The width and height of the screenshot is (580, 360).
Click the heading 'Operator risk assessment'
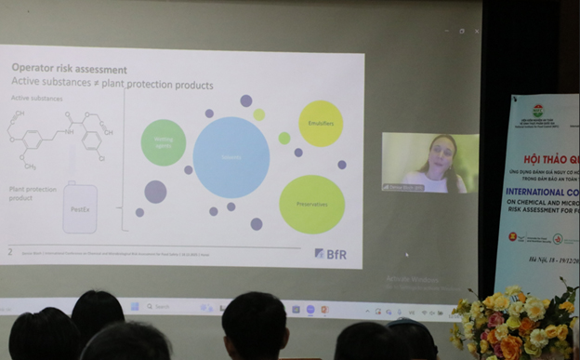[x=69, y=69]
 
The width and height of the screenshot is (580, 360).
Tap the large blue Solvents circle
[x=231, y=156]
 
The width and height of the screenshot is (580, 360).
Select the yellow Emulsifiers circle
[x=321, y=123]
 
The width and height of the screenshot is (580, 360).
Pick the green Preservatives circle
[x=311, y=204]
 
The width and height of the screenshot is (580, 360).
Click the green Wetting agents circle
[x=164, y=143]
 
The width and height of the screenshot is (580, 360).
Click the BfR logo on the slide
[x=331, y=252]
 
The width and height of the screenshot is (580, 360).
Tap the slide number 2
[x=10, y=251]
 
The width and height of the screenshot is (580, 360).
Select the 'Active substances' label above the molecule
[x=33, y=96]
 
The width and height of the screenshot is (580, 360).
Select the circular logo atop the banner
[x=538, y=111]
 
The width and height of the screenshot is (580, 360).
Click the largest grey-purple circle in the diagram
[x=155, y=192]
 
